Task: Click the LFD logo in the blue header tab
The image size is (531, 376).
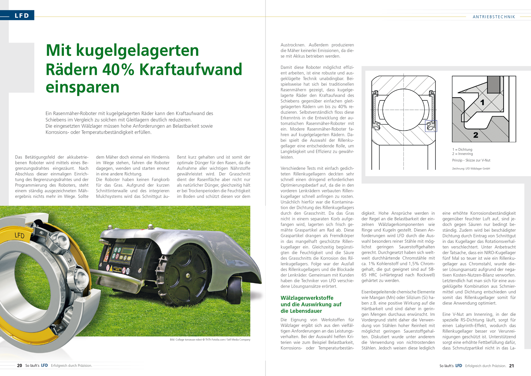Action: click(22, 16)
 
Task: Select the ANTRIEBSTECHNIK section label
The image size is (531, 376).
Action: click(494, 17)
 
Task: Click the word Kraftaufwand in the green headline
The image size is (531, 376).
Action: click(191, 69)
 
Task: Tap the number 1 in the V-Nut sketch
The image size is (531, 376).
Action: click(482, 103)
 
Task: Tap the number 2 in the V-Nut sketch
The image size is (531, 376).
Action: click(476, 135)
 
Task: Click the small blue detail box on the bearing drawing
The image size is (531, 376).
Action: click(431, 126)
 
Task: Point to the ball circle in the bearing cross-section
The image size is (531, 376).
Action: click(403, 110)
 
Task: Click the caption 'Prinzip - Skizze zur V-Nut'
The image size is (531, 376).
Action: click(471, 160)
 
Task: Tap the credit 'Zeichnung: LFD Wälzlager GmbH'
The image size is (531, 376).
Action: click(471, 169)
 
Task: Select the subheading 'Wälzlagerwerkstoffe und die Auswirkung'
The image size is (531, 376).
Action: click(311, 304)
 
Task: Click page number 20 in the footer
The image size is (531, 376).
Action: click(19, 365)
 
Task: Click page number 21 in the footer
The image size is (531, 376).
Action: click(511, 366)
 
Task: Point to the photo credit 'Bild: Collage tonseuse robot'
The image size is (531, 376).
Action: click(210, 339)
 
